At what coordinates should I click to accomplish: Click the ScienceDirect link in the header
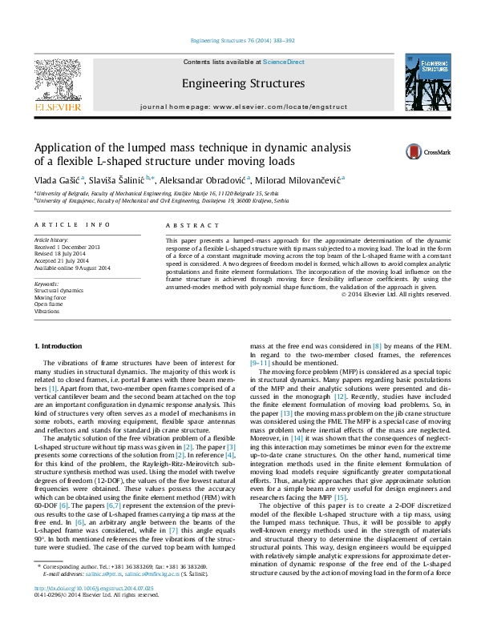(x=284, y=62)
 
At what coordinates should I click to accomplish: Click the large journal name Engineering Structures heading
(x=243, y=83)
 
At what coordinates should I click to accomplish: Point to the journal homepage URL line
(x=243, y=107)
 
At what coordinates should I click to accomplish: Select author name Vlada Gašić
(x=55, y=179)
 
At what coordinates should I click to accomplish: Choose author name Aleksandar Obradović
(x=204, y=179)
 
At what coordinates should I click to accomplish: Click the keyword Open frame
(x=49, y=327)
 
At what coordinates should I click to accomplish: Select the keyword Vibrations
(x=46, y=333)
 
